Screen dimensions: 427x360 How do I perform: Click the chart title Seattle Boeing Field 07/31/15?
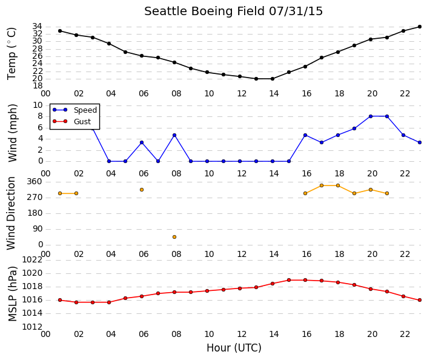click(233, 12)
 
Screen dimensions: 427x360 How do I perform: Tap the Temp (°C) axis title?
click(12, 54)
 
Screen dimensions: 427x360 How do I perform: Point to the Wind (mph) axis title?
click(13, 133)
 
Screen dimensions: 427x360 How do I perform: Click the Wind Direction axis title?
click(11, 213)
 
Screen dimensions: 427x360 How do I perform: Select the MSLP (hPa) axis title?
click(13, 294)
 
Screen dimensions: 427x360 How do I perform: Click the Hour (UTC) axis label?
click(234, 348)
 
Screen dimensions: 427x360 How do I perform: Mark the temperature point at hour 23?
click(420, 27)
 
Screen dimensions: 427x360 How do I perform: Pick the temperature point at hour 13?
click(256, 79)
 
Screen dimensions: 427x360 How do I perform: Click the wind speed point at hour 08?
click(174, 135)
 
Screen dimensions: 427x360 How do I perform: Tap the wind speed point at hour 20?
click(371, 116)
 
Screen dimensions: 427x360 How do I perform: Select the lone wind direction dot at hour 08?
click(174, 237)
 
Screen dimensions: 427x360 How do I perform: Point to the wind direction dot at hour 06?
click(142, 190)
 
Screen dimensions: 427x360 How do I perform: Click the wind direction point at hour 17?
click(322, 185)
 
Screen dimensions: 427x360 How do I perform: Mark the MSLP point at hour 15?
click(289, 280)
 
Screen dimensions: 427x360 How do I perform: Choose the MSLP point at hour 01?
click(60, 300)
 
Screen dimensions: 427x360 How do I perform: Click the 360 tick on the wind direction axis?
click(35, 182)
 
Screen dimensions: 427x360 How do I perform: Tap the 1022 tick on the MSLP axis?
click(33, 260)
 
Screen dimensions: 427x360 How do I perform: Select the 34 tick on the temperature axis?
click(38, 27)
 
